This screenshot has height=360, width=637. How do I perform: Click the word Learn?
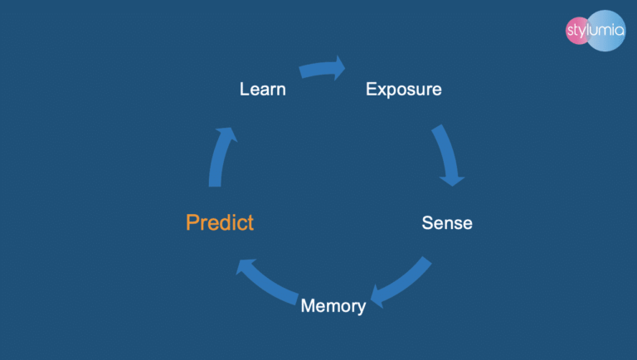click(x=262, y=89)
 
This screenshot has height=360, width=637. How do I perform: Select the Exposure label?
click(x=403, y=89)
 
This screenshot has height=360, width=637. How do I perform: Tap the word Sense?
click(x=447, y=222)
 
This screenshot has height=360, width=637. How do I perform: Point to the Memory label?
click(x=333, y=305)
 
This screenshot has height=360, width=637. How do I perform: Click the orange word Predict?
click(x=220, y=222)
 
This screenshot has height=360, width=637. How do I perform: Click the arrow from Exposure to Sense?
click(x=446, y=154)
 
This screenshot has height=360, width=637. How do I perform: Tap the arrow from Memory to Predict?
click(x=265, y=282)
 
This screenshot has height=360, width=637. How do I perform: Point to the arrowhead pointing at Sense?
click(x=452, y=178)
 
